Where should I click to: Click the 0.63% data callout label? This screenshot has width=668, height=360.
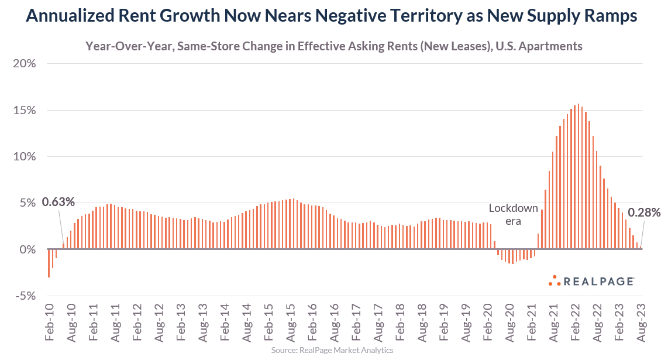(58, 202)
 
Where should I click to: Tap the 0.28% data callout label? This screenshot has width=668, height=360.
(644, 212)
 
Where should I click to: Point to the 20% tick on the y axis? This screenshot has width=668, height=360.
(25, 64)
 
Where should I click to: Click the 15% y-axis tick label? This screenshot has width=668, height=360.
(25, 110)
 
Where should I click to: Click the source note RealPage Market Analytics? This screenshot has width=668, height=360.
(332, 350)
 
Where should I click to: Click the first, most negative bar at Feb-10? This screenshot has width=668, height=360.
(49, 263)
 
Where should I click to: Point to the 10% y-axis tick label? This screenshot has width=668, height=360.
(25, 157)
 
